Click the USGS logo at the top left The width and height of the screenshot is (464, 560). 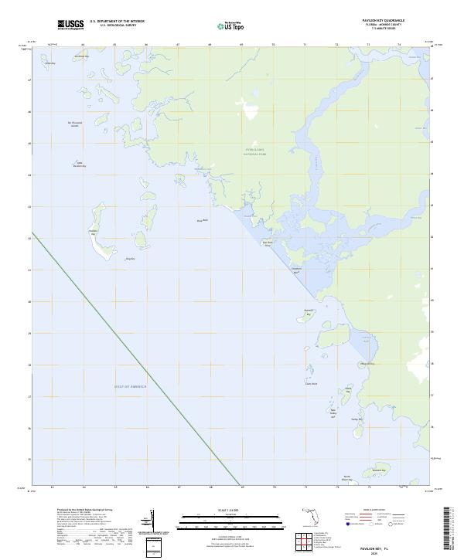70,25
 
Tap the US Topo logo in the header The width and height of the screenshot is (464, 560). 228,25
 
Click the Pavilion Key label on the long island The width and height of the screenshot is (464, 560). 93,231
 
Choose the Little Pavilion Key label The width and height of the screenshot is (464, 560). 79,164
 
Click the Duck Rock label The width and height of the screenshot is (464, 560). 203,221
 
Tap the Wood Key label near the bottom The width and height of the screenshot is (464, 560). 377,470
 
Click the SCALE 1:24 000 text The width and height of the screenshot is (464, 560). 231,511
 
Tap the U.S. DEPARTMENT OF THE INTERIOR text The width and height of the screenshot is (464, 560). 117,22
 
